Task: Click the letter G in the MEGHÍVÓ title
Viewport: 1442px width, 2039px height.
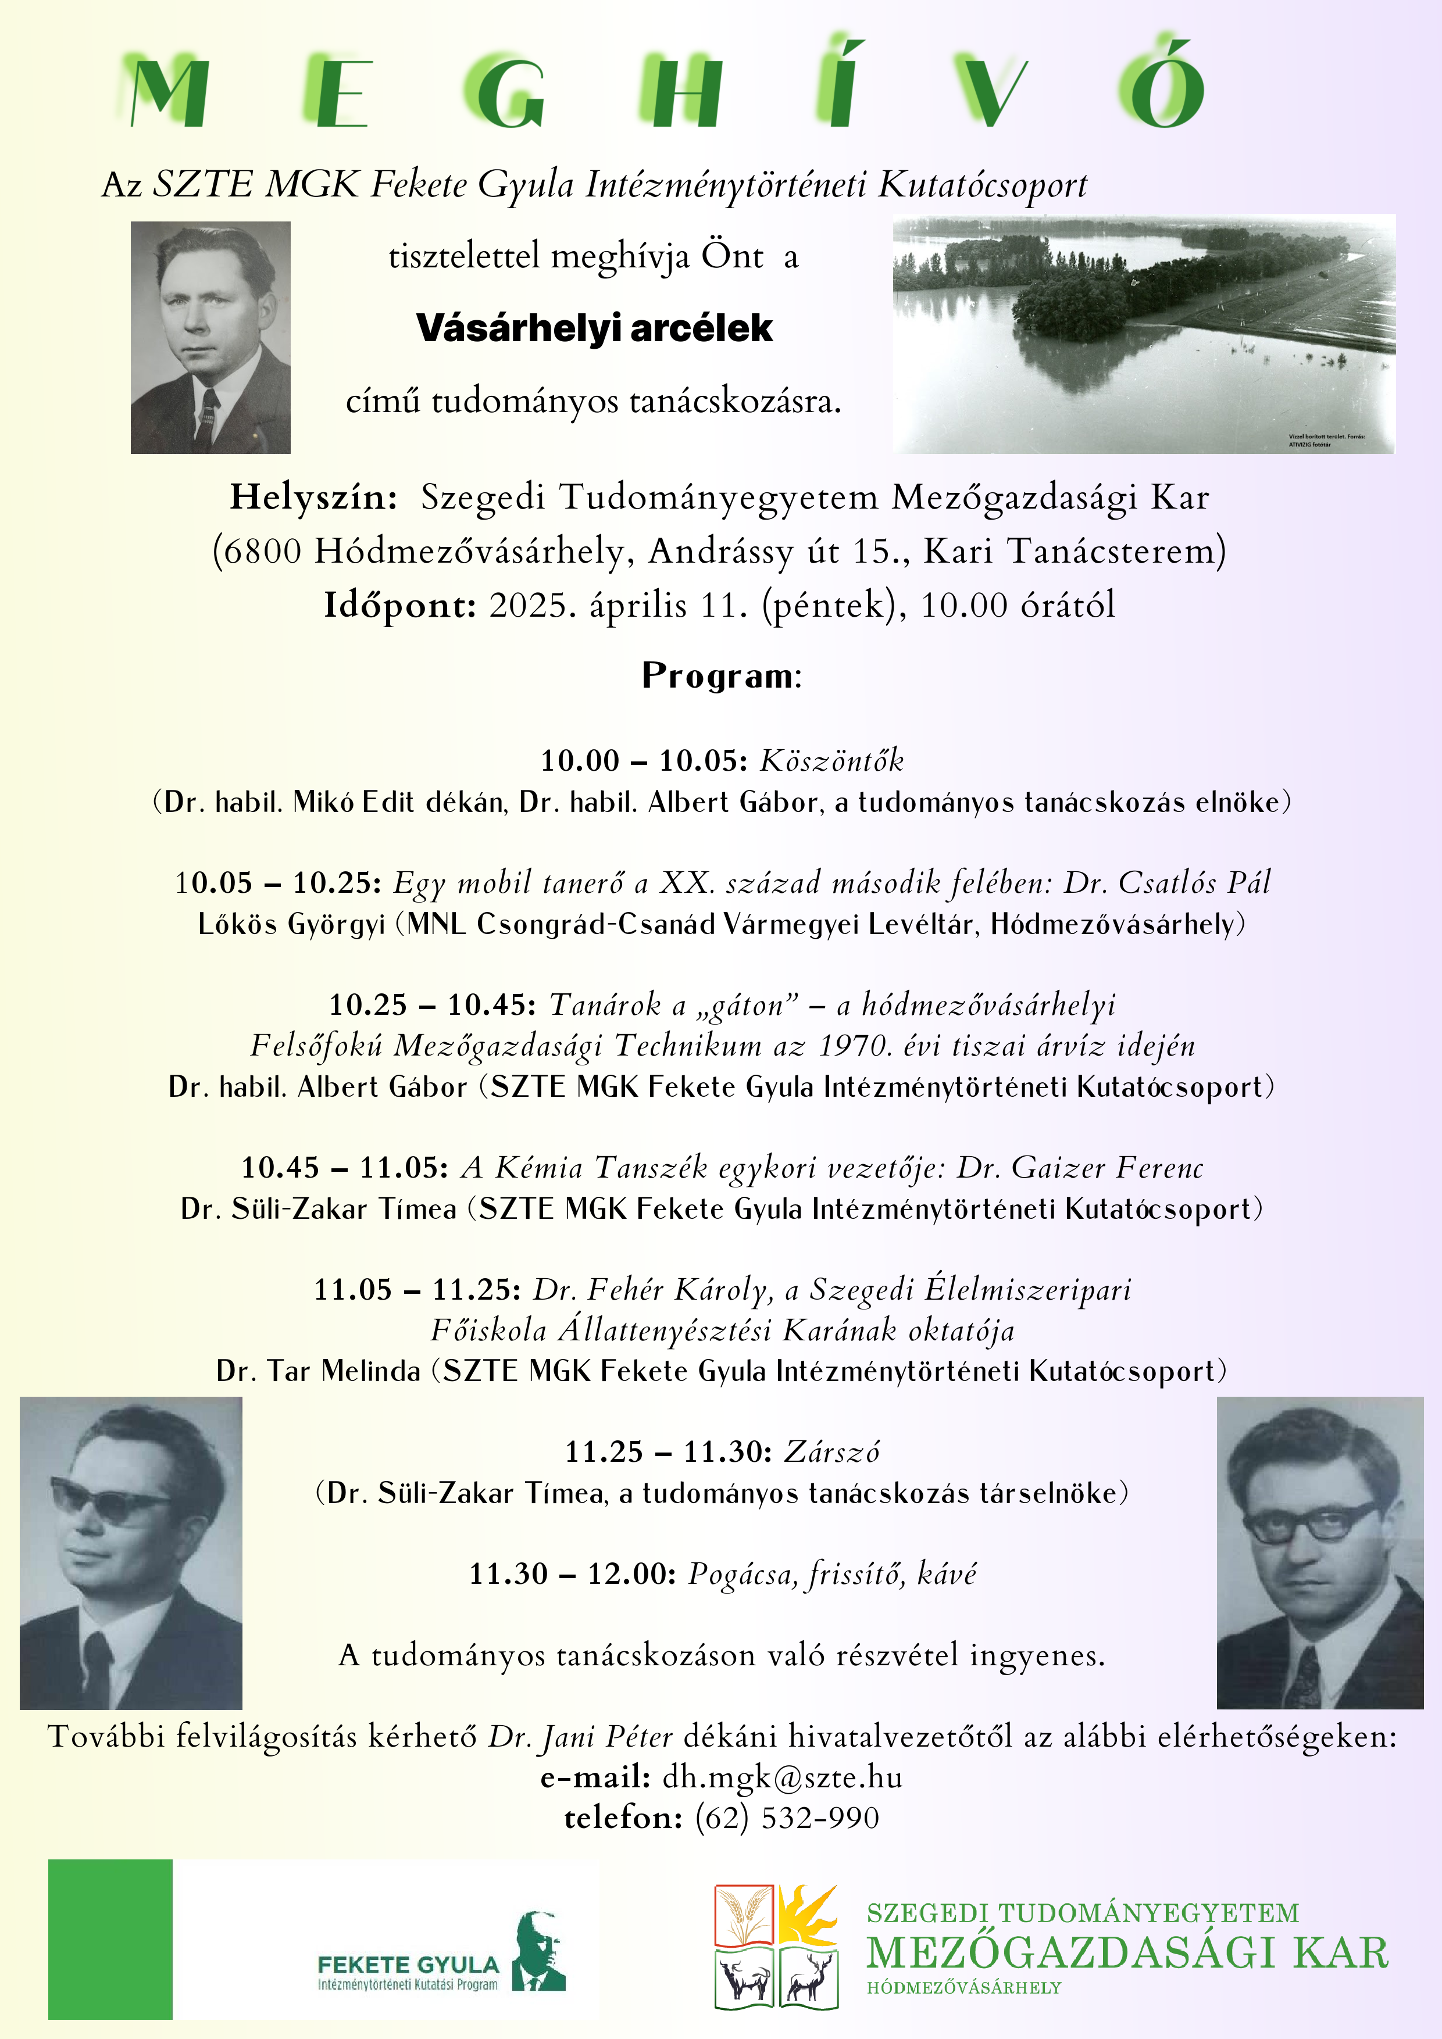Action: click(x=504, y=93)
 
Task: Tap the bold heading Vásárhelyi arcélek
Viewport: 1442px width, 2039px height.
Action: click(x=594, y=328)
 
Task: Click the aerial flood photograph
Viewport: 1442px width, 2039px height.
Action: click(x=1144, y=334)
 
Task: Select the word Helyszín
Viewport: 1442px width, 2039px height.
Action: click(x=313, y=498)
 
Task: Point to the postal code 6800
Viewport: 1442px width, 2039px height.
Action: click(x=262, y=552)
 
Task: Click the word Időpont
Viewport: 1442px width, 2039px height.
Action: click(x=399, y=606)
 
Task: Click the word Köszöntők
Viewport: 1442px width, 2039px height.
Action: click(x=831, y=761)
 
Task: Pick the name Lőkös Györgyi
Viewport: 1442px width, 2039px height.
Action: click(x=291, y=925)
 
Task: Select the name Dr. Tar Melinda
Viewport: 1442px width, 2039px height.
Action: click(x=317, y=1371)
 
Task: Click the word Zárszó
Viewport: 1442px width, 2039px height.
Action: click(x=831, y=1452)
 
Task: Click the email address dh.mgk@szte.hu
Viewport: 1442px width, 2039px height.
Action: click(x=782, y=1777)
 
